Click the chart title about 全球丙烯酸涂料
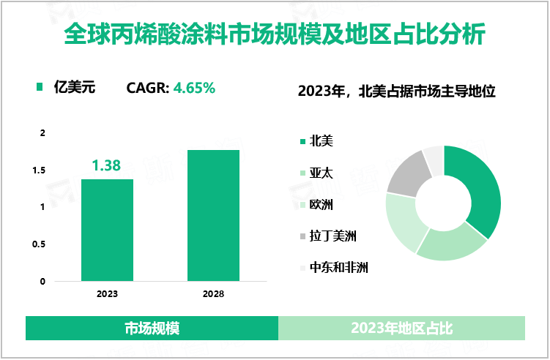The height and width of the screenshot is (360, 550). tap(275, 34)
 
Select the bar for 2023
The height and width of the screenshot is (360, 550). tap(107, 230)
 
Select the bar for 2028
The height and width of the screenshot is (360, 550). tap(213, 215)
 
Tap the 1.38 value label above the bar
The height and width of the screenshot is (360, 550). tap(107, 166)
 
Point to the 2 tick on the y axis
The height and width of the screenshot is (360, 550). tap(42, 133)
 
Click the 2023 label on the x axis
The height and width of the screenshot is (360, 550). tap(107, 293)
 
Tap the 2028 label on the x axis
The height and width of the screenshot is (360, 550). tap(213, 293)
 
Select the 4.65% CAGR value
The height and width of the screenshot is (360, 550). tap(194, 89)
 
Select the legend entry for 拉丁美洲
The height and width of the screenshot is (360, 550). tap(332, 236)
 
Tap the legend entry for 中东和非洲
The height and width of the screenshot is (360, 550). tap(338, 267)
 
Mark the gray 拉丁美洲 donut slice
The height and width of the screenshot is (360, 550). tap(406, 170)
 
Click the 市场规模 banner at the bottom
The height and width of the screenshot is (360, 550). tap(152, 329)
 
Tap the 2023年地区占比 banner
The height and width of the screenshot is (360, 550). tap(401, 329)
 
